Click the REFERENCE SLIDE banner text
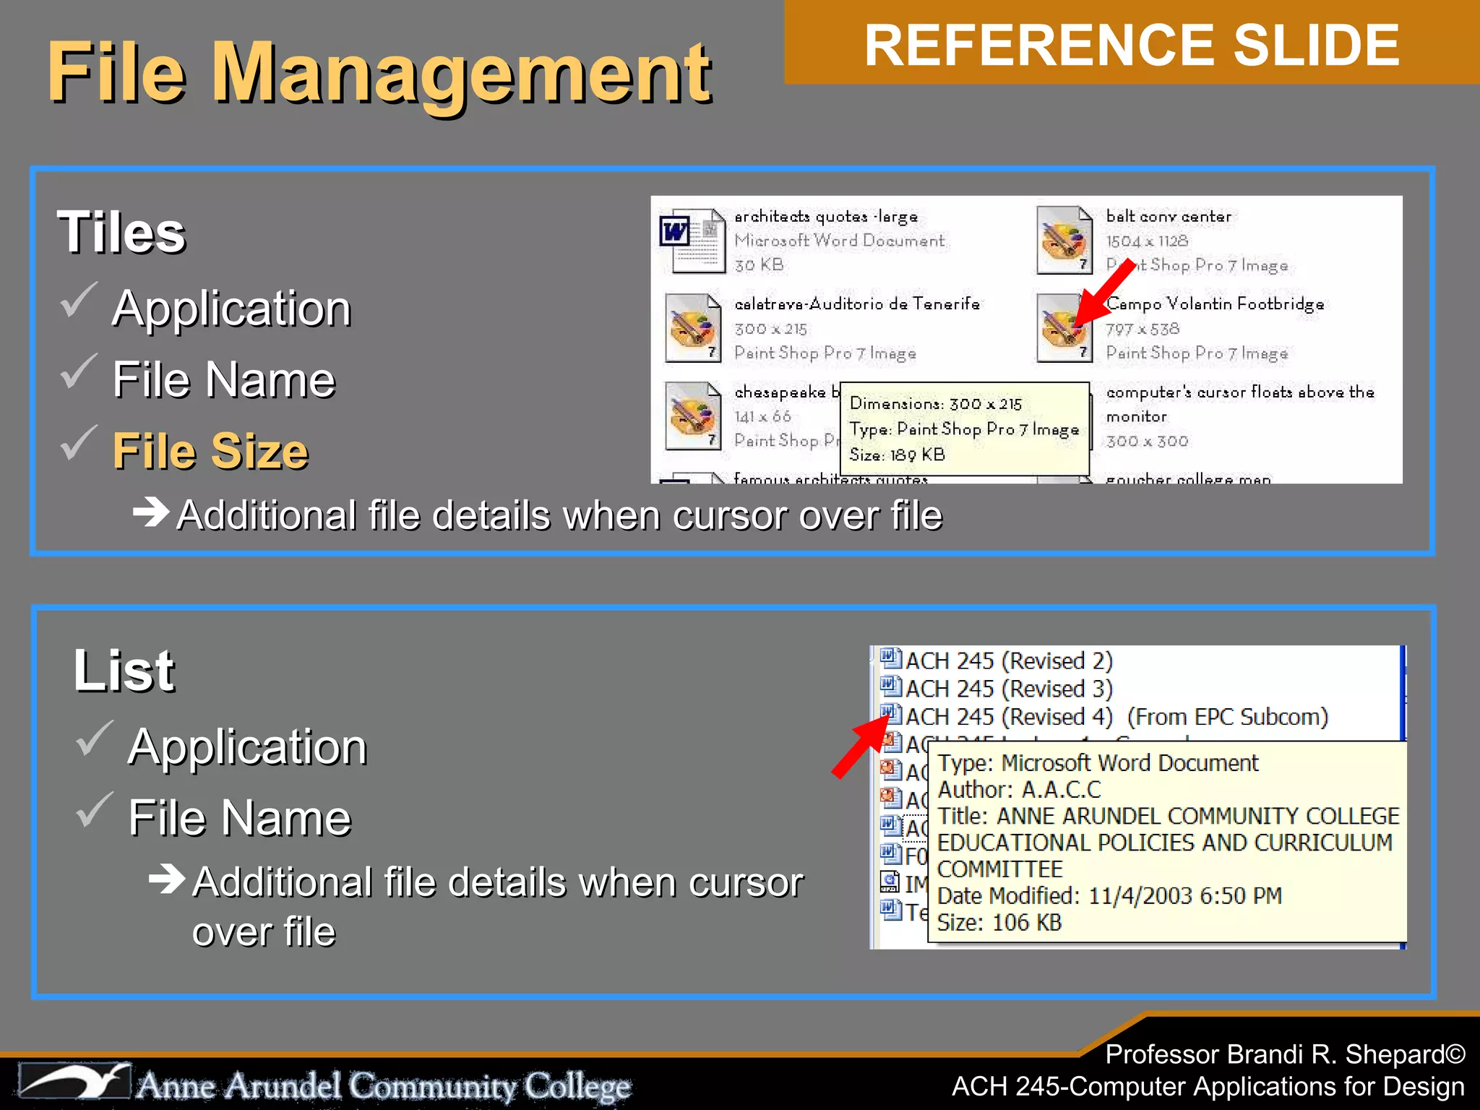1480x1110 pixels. click(x=1132, y=46)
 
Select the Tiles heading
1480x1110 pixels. click(x=121, y=233)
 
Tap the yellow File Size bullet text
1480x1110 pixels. click(x=210, y=451)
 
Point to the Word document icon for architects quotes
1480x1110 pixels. click(x=692, y=241)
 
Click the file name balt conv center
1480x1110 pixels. click(x=1168, y=216)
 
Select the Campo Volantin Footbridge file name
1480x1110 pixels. click(x=1215, y=304)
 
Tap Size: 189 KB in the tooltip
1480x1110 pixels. click(x=897, y=455)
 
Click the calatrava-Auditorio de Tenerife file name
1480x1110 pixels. click(x=856, y=304)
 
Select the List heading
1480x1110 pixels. click(x=124, y=671)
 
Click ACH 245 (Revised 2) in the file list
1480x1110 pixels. click(x=1008, y=661)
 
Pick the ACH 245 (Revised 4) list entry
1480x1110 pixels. click(x=1008, y=717)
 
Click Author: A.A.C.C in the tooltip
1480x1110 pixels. click(x=1019, y=789)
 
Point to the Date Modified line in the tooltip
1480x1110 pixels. click(x=1109, y=895)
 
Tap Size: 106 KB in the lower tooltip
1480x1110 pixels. click(x=999, y=922)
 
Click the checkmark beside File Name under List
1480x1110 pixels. click(x=93, y=810)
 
